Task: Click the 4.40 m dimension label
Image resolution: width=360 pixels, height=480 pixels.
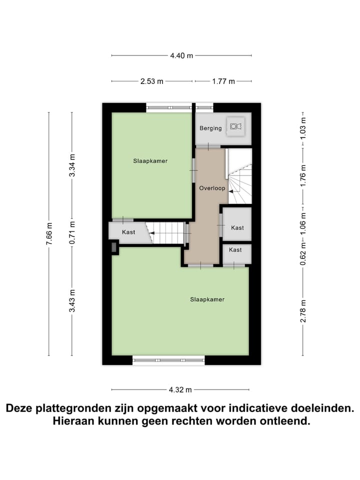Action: coord(181,55)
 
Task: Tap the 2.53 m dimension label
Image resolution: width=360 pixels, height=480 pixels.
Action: coord(152,81)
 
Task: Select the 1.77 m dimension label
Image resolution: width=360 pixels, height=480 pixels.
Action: coord(223,81)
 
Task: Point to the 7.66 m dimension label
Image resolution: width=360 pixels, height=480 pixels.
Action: coord(49,234)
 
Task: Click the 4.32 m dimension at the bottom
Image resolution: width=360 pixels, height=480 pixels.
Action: coord(180,389)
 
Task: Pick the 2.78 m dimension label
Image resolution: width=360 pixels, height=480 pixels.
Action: coord(303,310)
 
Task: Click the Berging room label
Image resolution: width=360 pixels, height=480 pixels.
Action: coord(210,128)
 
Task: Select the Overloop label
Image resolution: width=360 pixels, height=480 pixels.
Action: coord(210,188)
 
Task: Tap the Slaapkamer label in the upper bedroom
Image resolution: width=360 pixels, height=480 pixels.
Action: coord(150,161)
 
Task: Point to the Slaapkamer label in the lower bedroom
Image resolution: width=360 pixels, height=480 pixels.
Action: coord(207,299)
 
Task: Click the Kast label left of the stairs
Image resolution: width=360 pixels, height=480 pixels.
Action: coord(128,232)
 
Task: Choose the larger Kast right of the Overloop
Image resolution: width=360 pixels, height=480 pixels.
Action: coord(237,227)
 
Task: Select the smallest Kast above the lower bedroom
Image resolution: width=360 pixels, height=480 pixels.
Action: coord(235,249)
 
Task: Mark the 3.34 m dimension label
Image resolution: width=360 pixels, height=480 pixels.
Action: coord(72,167)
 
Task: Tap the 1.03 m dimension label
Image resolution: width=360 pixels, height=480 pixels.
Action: coord(303,130)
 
